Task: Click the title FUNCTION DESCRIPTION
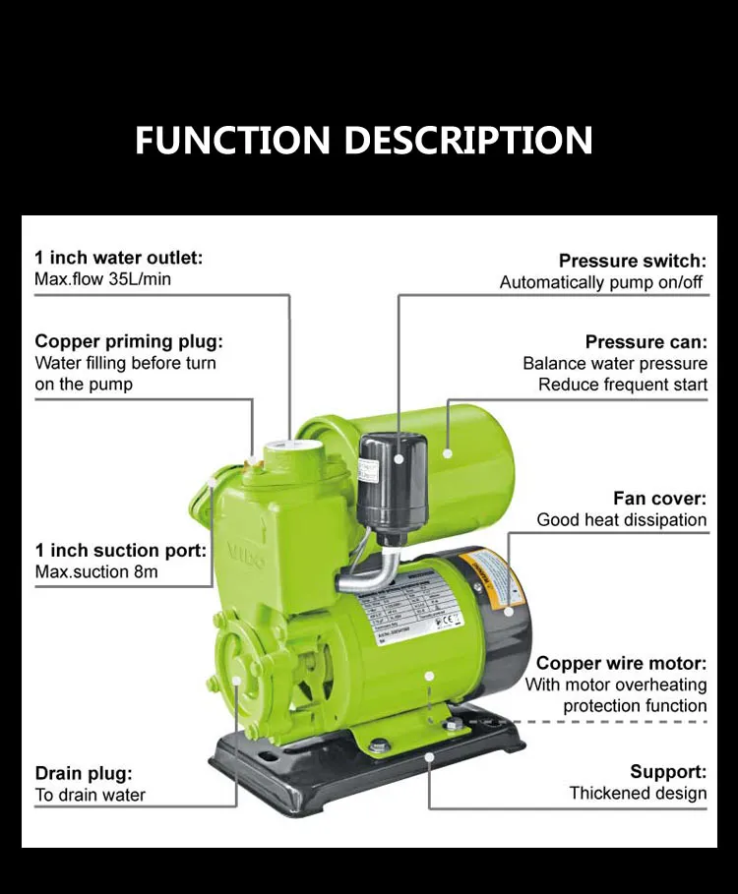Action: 363,140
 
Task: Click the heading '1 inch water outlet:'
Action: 119,258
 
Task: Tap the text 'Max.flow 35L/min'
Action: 103,279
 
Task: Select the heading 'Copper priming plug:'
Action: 129,341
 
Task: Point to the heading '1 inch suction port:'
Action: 121,550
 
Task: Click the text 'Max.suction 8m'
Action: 96,571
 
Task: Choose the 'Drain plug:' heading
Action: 84,773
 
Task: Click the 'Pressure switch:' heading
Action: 633,261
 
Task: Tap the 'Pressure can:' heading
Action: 646,342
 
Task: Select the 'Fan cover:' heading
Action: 659,499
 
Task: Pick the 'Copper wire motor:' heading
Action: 621,663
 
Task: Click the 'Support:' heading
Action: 668,771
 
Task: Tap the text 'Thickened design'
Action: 638,793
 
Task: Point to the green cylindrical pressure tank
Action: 472,462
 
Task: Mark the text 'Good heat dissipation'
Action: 622,520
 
